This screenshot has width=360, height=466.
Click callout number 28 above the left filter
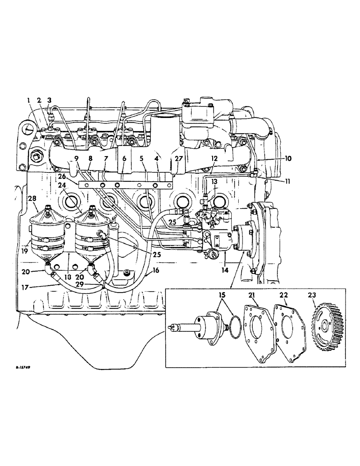click(32, 199)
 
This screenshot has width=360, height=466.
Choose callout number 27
click(179, 158)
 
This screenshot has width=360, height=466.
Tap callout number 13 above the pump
click(215, 181)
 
